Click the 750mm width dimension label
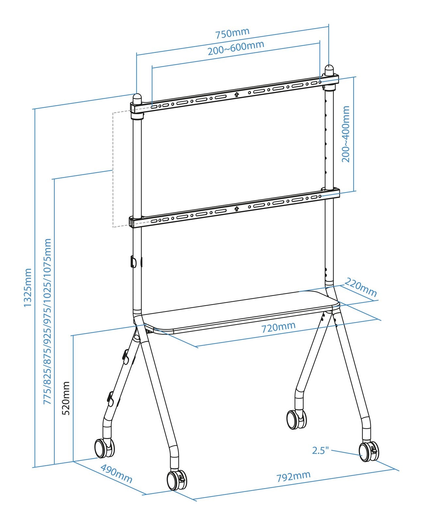(x=232, y=33)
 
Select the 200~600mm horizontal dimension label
(x=236, y=48)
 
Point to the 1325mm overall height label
(x=28, y=287)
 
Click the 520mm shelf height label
(x=66, y=398)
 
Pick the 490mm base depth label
(x=116, y=474)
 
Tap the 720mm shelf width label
(x=278, y=327)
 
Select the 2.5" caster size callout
(x=320, y=451)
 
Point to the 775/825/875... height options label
(x=48, y=321)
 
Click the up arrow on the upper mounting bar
(x=236, y=95)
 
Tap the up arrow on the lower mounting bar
(x=236, y=208)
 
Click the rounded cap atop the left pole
(x=137, y=98)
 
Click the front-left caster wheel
(x=176, y=480)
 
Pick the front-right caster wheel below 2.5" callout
(x=369, y=451)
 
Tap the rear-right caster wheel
(x=296, y=419)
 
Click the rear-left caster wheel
(x=104, y=448)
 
